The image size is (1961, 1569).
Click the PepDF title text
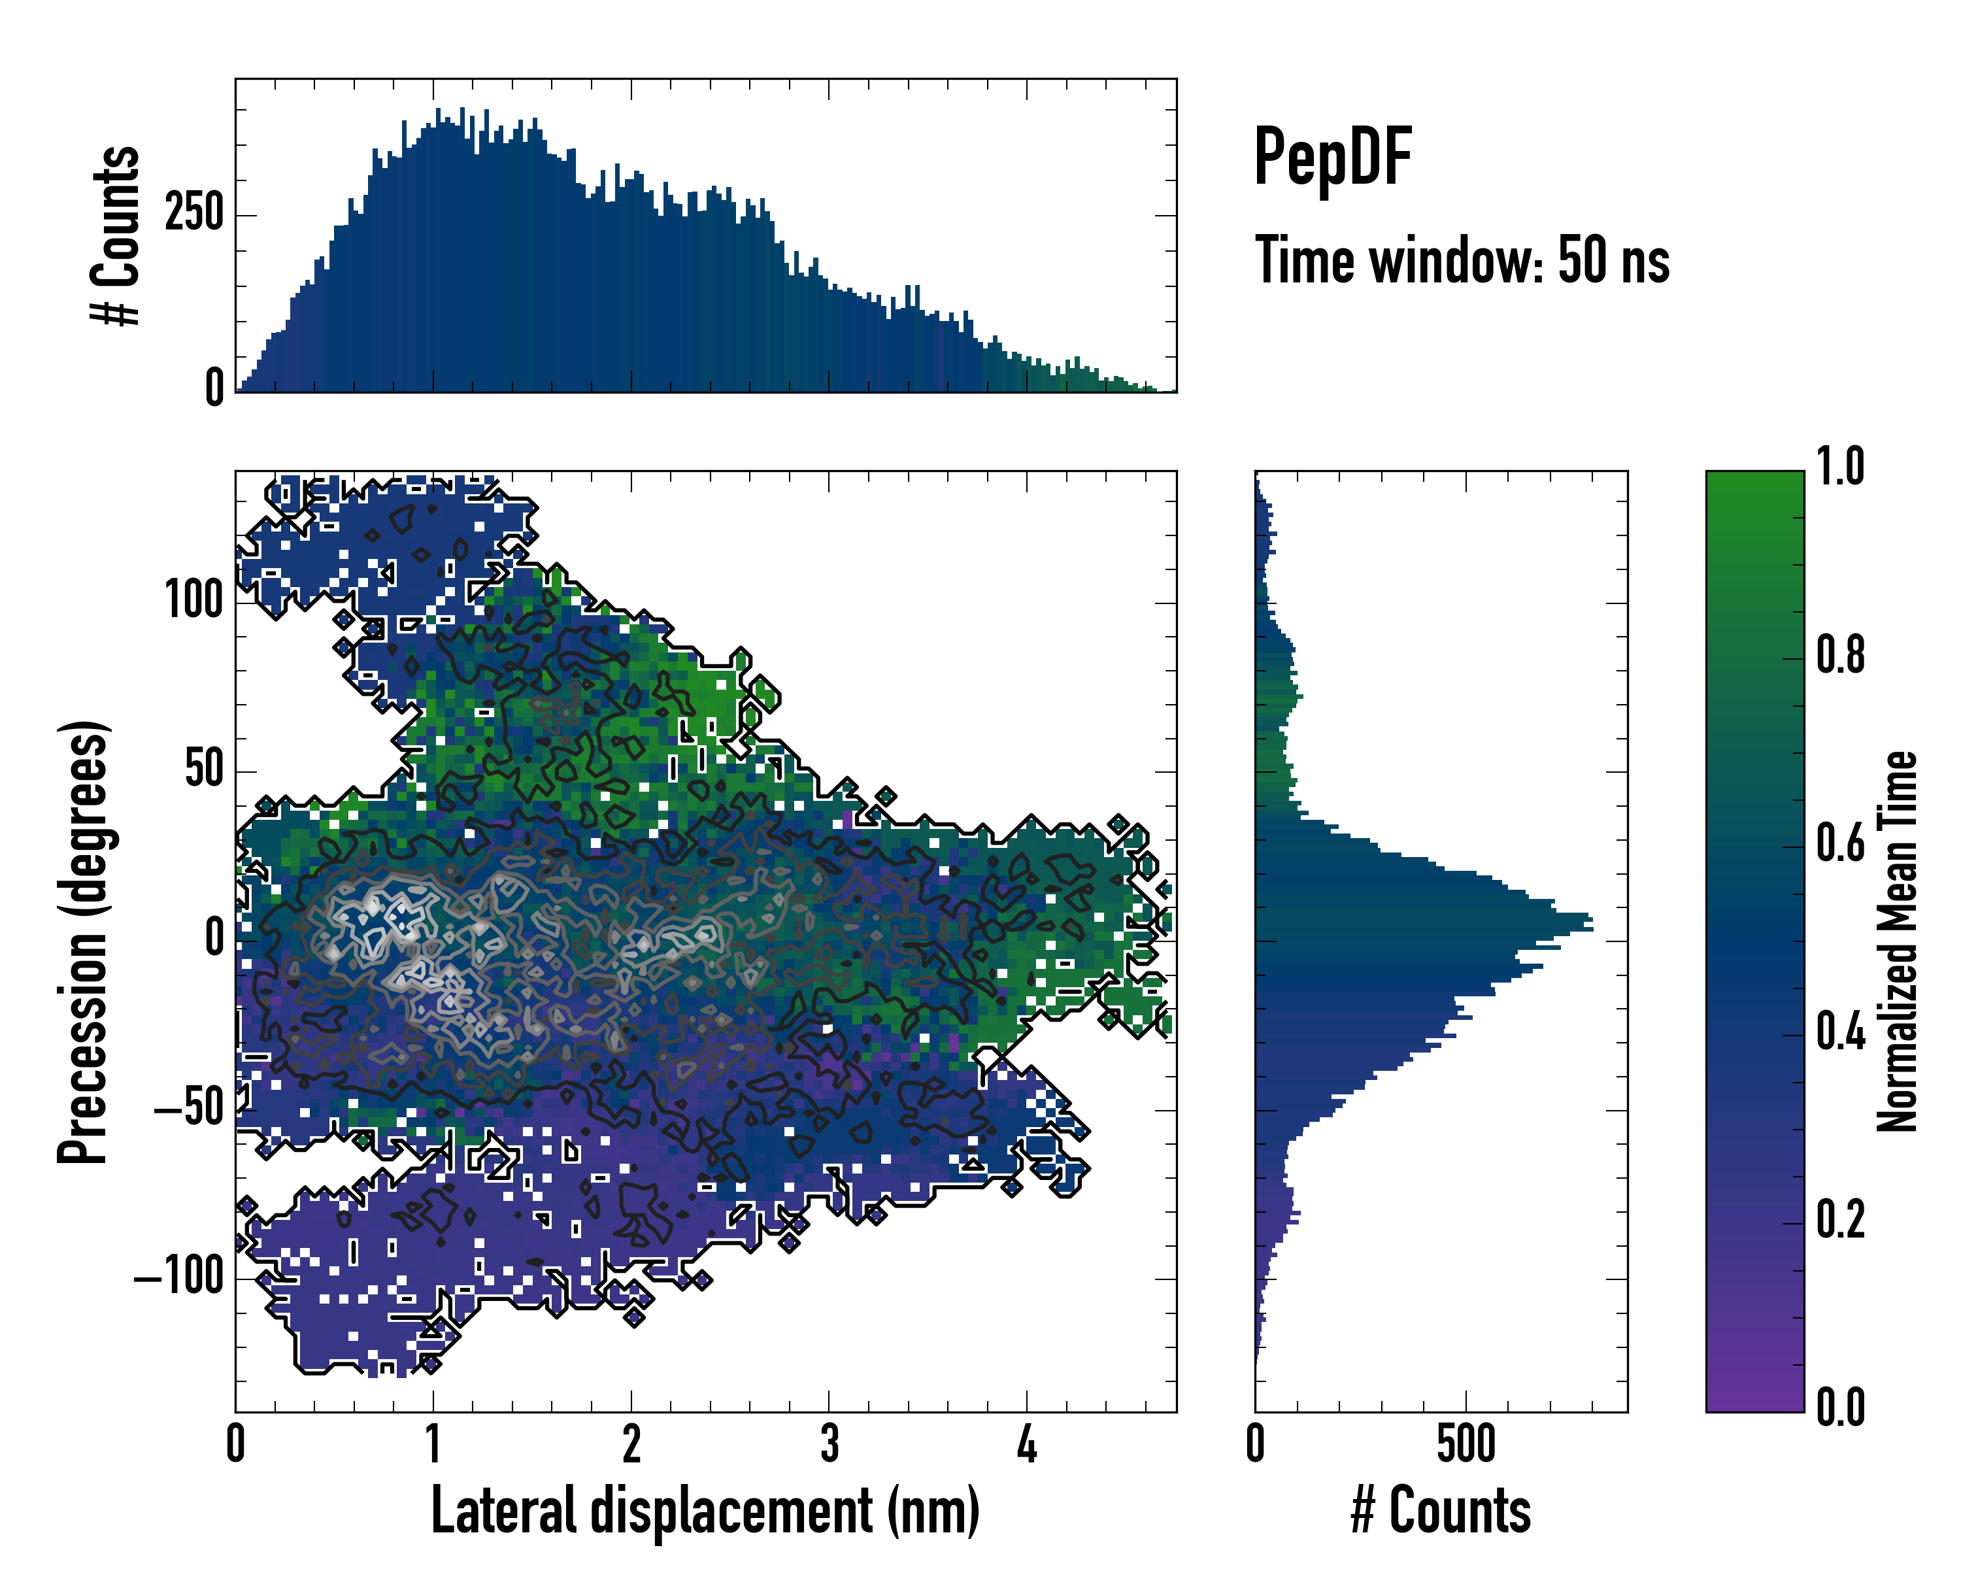(1332, 158)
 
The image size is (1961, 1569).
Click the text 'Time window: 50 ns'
(1462, 260)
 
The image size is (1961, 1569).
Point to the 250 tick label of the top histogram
(193, 214)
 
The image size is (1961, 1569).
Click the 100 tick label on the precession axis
(193, 601)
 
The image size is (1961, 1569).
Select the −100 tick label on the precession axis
(179, 1278)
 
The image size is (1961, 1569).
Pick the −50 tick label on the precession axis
(189, 1109)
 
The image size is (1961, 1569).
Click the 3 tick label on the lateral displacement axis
(830, 1444)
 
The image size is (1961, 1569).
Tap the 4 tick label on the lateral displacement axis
(1027, 1444)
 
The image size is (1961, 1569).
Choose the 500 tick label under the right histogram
(1466, 1444)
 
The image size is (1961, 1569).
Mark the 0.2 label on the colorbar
(1840, 1220)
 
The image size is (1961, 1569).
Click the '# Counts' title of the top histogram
(116, 235)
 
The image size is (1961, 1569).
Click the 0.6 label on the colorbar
(1840, 844)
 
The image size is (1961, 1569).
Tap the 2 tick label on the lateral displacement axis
(631, 1444)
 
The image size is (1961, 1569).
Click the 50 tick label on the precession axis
(204, 769)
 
